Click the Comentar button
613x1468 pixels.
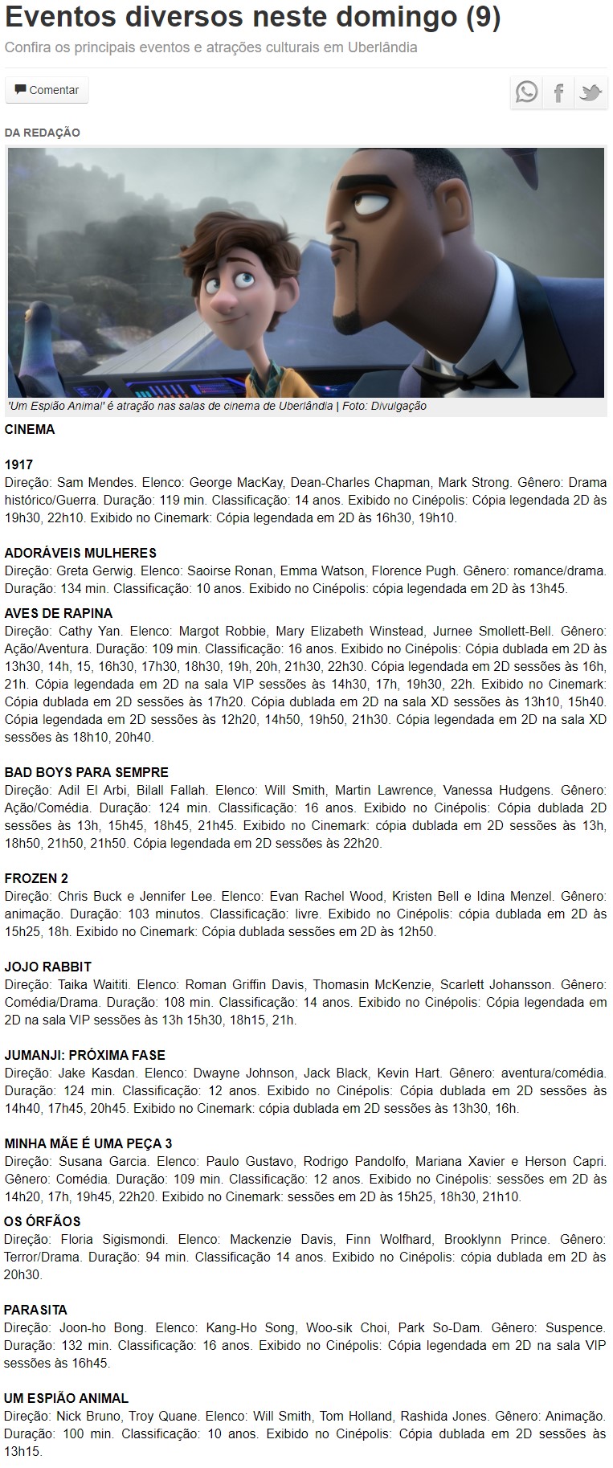tap(47, 90)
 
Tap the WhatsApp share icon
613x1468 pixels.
tap(527, 92)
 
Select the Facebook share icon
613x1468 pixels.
tap(558, 92)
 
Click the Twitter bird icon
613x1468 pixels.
tap(591, 92)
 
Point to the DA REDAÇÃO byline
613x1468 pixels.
tap(43, 133)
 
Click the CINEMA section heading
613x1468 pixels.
tap(30, 430)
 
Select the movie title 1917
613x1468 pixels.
tap(18, 465)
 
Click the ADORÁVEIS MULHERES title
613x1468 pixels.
tap(80, 554)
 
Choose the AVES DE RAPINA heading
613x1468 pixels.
tap(59, 614)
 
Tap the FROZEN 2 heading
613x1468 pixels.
tap(37, 878)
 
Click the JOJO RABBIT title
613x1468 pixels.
tap(48, 967)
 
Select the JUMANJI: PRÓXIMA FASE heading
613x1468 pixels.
tap(85, 1056)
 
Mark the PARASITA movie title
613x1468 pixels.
tap(36, 1311)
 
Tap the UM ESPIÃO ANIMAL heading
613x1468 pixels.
tap(67, 1399)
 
